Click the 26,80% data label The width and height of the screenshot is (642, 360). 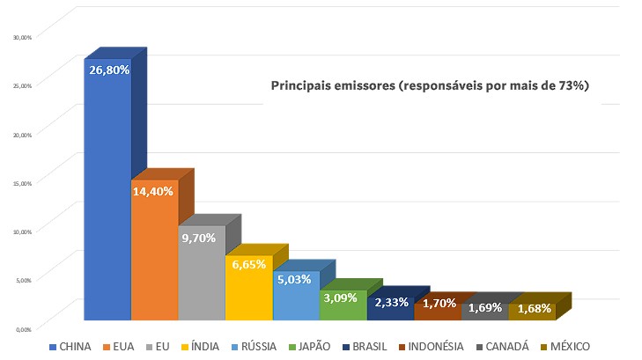(x=107, y=69)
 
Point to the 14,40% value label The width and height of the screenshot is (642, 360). (x=154, y=189)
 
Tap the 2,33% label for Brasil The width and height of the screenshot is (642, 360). (x=390, y=303)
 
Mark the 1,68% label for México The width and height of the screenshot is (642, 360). (x=533, y=308)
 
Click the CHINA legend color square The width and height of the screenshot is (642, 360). (x=54, y=347)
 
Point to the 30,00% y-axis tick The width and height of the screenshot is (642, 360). (x=20, y=37)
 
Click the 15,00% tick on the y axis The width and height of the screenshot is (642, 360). (x=20, y=183)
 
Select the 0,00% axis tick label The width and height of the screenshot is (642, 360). (x=22, y=328)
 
